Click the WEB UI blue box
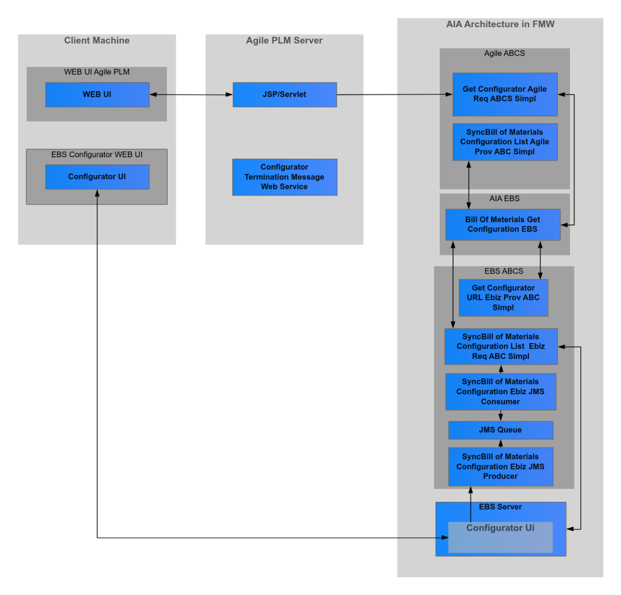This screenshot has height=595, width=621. (97, 95)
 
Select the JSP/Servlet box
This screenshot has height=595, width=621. (284, 95)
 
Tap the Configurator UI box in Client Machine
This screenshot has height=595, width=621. (97, 177)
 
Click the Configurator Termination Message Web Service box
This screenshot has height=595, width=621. (284, 177)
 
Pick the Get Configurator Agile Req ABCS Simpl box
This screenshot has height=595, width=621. (505, 94)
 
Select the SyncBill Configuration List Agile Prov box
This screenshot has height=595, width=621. (505, 142)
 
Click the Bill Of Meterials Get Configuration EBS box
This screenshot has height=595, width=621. (503, 225)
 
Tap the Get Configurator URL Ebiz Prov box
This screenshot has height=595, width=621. (503, 297)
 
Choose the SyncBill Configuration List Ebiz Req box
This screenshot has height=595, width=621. (501, 347)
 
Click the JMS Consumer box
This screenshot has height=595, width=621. (500, 392)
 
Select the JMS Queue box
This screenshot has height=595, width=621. (500, 430)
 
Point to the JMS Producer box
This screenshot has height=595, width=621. (500, 467)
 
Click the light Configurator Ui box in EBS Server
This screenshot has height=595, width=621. (500, 537)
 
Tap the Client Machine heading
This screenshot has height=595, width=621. (97, 41)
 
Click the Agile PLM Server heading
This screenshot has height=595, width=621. (284, 41)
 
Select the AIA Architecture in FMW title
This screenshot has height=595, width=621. (500, 24)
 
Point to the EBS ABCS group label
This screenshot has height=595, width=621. (504, 271)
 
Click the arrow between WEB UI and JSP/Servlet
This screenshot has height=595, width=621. (191, 95)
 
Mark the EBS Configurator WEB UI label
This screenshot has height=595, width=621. (97, 155)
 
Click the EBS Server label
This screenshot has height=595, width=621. (500, 507)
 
